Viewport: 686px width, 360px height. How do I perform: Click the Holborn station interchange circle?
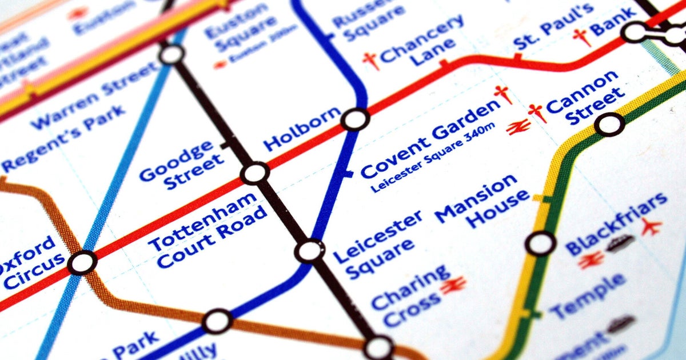coord(355,120)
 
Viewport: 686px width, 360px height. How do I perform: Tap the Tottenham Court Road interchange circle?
coord(255,173)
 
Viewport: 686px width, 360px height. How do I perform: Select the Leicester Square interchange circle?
coord(309,250)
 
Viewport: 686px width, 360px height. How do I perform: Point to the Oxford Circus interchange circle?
coord(82,263)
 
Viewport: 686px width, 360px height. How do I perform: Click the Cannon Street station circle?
coord(610,123)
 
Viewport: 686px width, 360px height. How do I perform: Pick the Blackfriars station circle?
coord(540,243)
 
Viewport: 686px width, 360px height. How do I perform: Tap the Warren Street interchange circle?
coord(171,55)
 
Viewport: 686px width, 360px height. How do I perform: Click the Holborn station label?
coord(301,130)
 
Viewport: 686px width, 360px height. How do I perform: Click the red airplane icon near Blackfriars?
coord(651,227)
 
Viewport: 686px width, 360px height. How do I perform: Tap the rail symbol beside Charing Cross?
coord(453,285)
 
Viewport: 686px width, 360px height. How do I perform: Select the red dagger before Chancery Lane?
coord(371,60)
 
